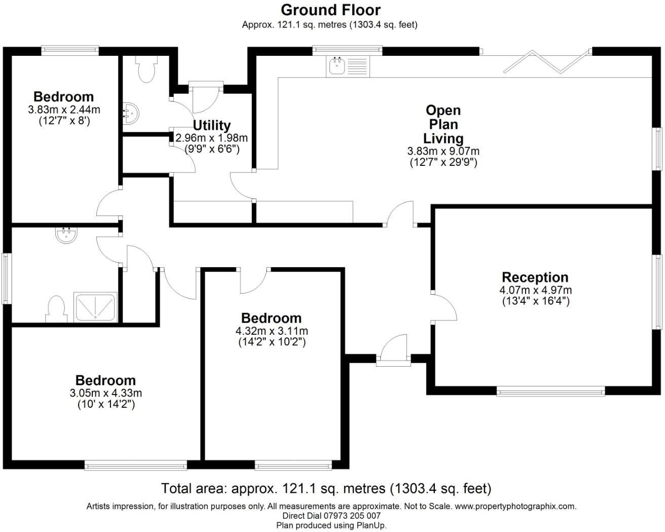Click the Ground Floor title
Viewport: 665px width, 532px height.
tap(330, 10)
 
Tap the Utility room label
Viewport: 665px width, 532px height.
tap(211, 125)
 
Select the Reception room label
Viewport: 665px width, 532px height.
tap(535, 277)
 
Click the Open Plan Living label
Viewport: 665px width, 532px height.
tap(443, 124)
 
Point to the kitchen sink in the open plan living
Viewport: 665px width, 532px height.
tap(337, 66)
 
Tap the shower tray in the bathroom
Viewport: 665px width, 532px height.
tap(96, 307)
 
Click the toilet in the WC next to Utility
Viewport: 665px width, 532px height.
tap(146, 69)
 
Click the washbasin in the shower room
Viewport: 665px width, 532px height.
tap(65, 235)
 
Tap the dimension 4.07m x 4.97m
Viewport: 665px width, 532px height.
tap(535, 291)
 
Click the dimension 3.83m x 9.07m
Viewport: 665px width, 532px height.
tap(443, 151)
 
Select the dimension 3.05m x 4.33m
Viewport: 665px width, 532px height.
tap(105, 393)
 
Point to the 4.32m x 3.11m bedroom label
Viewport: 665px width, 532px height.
tap(271, 318)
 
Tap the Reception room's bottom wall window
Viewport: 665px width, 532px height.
tap(550, 391)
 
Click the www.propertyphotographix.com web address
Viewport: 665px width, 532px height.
tap(515, 506)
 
